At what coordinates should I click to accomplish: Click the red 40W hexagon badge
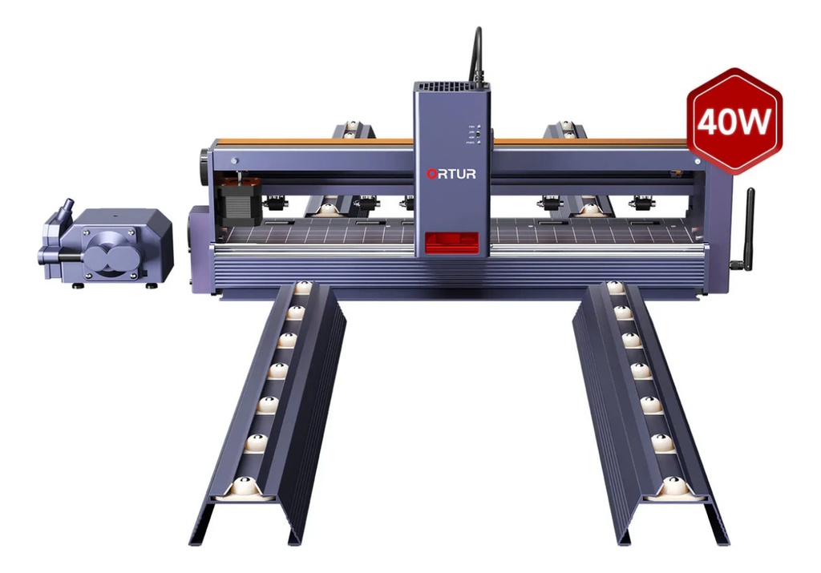(734, 120)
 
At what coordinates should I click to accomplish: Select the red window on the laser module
(451, 242)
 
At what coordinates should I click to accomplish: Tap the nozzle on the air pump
(64, 212)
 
